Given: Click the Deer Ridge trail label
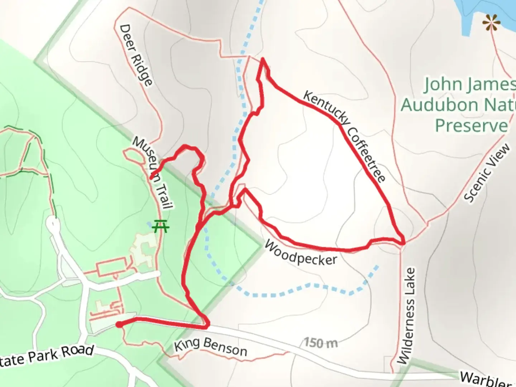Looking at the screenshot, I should [137, 55].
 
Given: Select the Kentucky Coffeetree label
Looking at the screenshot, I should [344, 136].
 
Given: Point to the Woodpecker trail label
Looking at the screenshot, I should [301, 253].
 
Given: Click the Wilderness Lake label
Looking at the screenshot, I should [407, 315].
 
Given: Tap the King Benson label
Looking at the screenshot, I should [210, 346].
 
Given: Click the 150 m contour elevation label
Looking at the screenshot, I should [321, 343].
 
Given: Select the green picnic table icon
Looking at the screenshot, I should [160, 226].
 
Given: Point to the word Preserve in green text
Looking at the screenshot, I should [472, 125].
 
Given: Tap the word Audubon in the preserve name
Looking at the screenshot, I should [439, 105].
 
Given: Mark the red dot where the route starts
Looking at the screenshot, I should [119, 324].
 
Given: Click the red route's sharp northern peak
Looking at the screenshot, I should [263, 59].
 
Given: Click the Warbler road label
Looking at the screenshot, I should [486, 379].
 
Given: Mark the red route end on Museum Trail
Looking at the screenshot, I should [152, 177].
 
